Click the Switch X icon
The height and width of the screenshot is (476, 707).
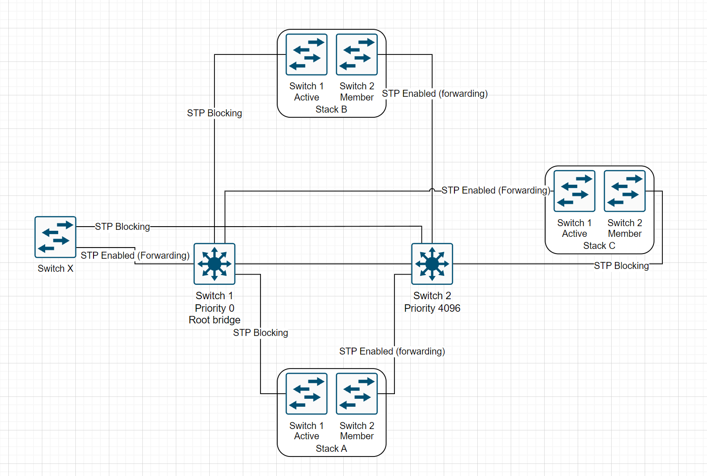coord(55,237)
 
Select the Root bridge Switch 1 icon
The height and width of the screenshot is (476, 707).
coord(214,264)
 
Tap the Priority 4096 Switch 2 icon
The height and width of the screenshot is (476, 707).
coord(432,264)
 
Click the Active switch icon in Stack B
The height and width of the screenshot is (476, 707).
coord(307,54)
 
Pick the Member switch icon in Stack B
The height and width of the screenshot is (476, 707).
coord(357,54)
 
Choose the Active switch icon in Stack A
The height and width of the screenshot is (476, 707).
coord(307,394)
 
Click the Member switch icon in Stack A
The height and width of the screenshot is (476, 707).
coord(357,394)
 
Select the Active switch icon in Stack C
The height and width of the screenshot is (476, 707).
coord(574,191)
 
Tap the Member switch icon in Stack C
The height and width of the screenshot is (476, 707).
coord(625,191)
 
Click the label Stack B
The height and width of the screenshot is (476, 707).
coord(331,109)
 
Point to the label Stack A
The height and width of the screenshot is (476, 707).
coord(331,449)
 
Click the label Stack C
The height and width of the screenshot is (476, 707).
coord(599,246)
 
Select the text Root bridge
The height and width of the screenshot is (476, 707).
coord(214,320)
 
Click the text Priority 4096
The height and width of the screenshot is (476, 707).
coord(432,308)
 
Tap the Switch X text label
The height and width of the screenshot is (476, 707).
coord(55,268)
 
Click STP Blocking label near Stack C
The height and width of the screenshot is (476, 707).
coord(621,266)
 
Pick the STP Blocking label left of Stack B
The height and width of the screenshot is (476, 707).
coord(214,113)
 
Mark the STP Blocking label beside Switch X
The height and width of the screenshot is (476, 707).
coord(122,227)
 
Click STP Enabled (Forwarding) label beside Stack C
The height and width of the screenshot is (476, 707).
coord(495,190)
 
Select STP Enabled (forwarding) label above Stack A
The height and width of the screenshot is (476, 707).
coord(392,351)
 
